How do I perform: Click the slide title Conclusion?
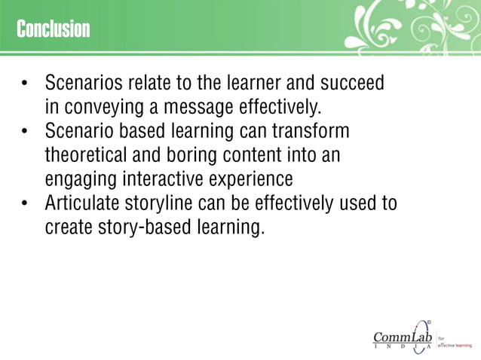point(53,29)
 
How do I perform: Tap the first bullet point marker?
point(25,83)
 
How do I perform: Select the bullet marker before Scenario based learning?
point(25,132)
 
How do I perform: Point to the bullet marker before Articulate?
point(25,204)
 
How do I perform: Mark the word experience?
point(259,181)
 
